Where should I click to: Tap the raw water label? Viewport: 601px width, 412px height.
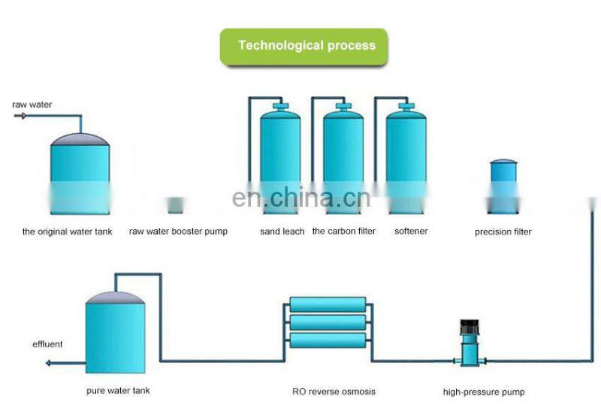pyautogui.click(x=32, y=105)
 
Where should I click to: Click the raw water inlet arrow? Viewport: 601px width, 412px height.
pyautogui.click(x=20, y=116)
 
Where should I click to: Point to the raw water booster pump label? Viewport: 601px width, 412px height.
pyautogui.click(x=178, y=232)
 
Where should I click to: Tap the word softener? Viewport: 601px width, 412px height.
pyautogui.click(x=411, y=231)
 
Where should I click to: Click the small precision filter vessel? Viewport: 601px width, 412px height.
pyautogui.click(x=503, y=181)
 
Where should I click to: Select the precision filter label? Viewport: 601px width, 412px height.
pyautogui.click(x=503, y=232)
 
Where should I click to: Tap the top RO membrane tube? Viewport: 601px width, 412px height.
pyautogui.click(x=328, y=304)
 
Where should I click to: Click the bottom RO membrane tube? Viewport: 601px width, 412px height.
pyautogui.click(x=328, y=341)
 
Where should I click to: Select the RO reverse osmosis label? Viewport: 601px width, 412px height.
pyautogui.click(x=334, y=391)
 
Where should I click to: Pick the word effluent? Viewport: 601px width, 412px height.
pyautogui.click(x=47, y=344)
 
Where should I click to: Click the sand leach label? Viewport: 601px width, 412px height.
pyautogui.click(x=282, y=231)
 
